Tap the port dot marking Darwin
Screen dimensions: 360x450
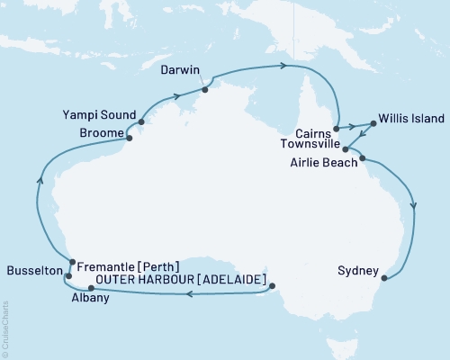click(205, 89)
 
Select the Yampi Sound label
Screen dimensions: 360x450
click(99, 115)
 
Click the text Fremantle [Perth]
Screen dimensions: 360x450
click(128, 266)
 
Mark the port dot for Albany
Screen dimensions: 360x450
click(91, 288)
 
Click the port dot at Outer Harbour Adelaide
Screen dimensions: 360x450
click(273, 288)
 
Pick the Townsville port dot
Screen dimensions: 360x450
click(346, 149)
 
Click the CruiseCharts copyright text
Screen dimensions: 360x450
click(5, 326)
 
